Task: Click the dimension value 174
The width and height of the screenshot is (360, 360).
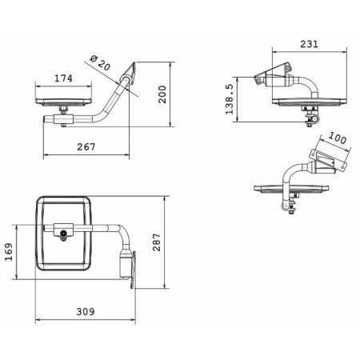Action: pyautogui.click(x=63, y=78)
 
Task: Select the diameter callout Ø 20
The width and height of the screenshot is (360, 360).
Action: pyautogui.click(x=100, y=63)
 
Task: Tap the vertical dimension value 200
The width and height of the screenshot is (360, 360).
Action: pyautogui.click(x=162, y=94)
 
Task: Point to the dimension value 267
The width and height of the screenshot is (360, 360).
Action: pyautogui.click(x=86, y=147)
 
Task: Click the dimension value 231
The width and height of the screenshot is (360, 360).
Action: pyautogui.click(x=310, y=44)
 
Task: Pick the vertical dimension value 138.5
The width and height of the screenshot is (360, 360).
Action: pyautogui.click(x=230, y=99)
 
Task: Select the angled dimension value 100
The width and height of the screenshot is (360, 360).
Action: pyautogui.click(x=337, y=138)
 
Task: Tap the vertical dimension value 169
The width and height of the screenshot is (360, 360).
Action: pyautogui.click(x=9, y=252)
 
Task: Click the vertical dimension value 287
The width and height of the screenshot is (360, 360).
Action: pyautogui.click(x=157, y=242)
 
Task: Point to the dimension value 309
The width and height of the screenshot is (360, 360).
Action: pyautogui.click(x=86, y=312)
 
